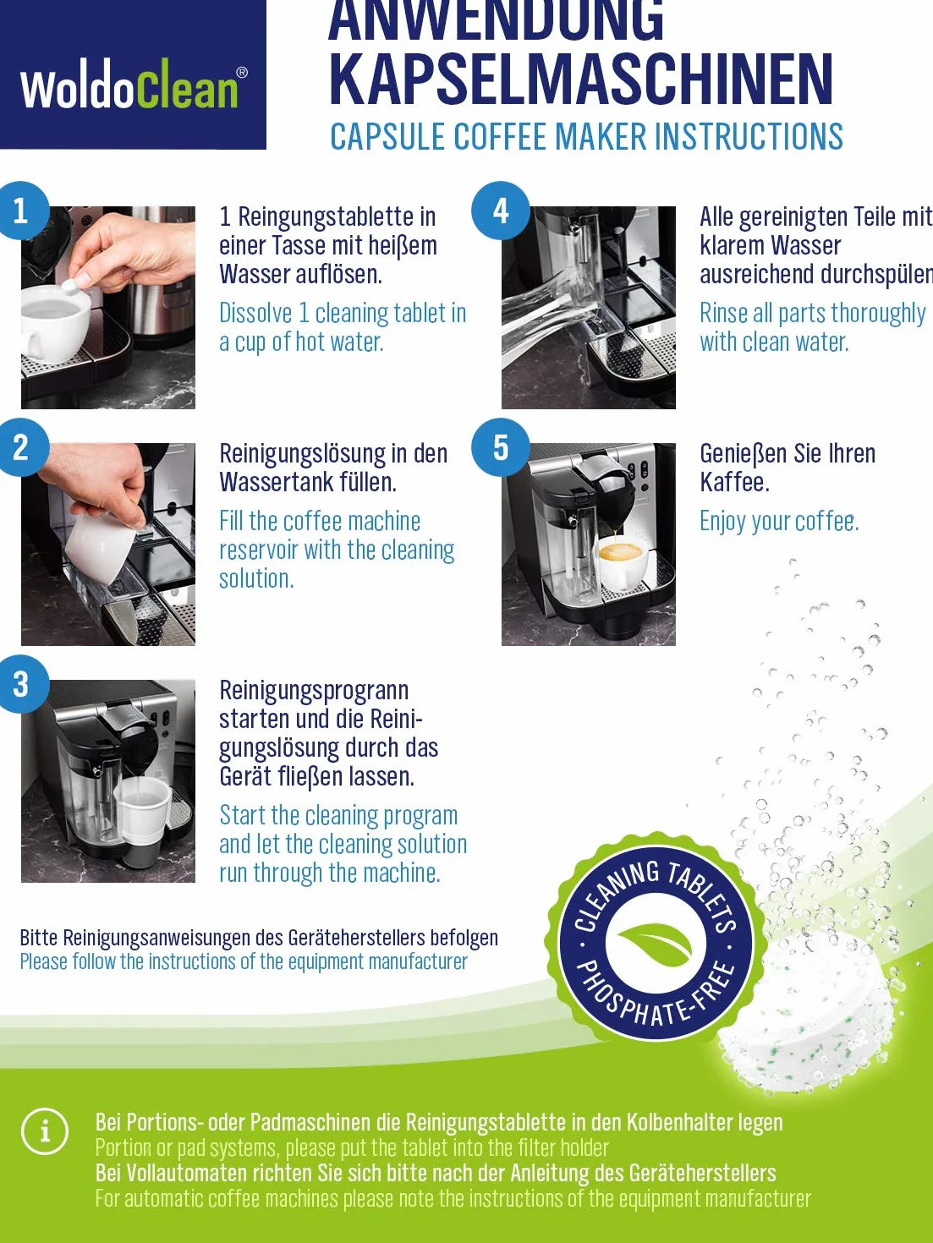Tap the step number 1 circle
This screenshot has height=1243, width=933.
21,211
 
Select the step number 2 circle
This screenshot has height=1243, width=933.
21,447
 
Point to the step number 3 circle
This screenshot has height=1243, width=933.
21,684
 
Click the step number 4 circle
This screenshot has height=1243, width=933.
501,211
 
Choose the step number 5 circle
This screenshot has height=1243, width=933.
501,447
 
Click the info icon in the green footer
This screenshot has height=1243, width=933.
45,1131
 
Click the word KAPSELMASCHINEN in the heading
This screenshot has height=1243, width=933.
581,79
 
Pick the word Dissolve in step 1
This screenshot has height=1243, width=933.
255,313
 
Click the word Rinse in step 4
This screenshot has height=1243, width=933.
723,313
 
